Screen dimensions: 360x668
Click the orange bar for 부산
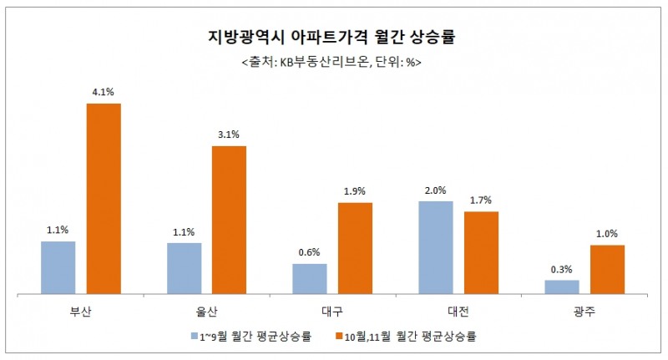[104, 198]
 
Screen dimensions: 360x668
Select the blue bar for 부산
[58, 267]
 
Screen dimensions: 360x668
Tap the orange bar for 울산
[229, 220]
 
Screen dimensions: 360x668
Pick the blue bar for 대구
[310, 278]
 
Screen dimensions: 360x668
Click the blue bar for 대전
[436, 247]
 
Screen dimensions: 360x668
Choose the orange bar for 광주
[607, 269]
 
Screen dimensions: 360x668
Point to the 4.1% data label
[104, 93]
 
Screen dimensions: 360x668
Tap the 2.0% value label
[436, 190]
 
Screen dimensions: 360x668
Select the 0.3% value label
[561, 269]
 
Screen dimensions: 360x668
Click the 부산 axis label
[81, 310]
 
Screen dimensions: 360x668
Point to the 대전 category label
[458, 310]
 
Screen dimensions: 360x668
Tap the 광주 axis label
[584, 310]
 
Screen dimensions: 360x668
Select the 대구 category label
[332, 310]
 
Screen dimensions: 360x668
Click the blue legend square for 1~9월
[195, 337]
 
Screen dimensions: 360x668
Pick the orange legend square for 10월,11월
[339, 337]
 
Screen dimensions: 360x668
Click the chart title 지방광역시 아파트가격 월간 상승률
[336, 38]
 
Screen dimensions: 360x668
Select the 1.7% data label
[482, 200]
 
